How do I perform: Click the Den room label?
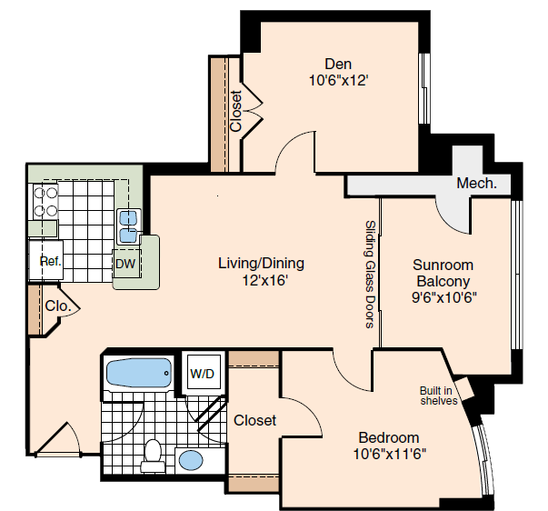click(338, 64)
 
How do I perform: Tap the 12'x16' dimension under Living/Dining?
click(265, 280)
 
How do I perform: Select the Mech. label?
click(476, 184)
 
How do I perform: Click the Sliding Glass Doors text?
click(370, 275)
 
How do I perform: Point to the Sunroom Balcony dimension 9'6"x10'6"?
click(444, 297)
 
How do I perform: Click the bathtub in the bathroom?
click(139, 373)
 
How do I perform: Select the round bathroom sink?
click(191, 460)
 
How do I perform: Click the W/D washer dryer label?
click(202, 374)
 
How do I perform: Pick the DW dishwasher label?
click(125, 264)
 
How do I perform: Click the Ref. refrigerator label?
click(51, 261)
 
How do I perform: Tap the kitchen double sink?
click(129, 226)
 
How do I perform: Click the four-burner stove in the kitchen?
click(45, 202)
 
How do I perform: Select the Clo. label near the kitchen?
click(58, 306)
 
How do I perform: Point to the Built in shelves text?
click(438, 396)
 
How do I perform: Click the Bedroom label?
click(389, 438)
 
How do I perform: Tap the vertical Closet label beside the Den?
click(236, 111)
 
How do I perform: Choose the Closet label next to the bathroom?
click(254, 420)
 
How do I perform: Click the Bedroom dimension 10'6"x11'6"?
click(390, 454)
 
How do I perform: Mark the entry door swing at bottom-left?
click(59, 439)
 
